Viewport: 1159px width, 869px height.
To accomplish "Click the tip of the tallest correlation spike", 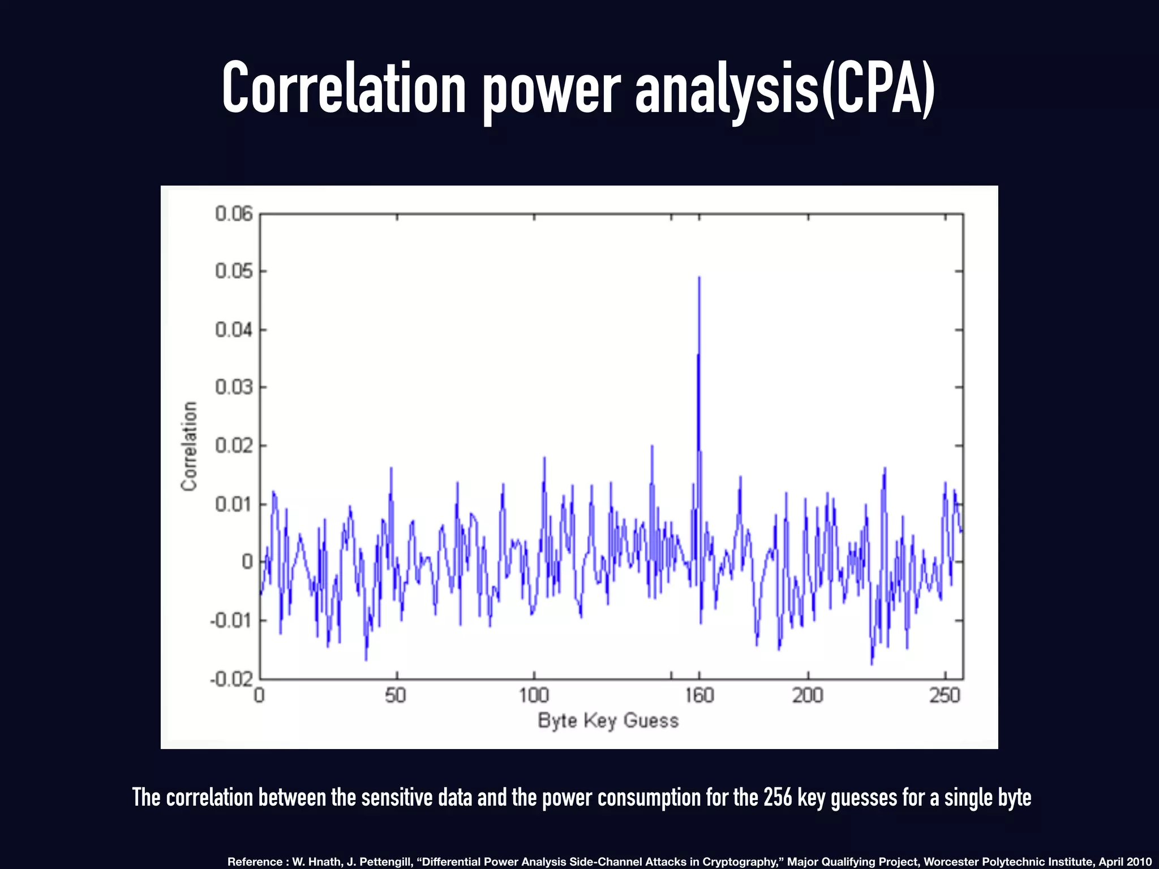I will pyautogui.click(x=699, y=278).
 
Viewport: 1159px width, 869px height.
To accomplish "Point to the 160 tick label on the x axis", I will pyautogui.click(x=699, y=695).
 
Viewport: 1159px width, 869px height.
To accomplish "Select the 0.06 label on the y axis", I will pyautogui.click(x=234, y=214).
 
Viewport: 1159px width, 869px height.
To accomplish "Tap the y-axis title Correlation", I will pyautogui.click(x=189, y=446).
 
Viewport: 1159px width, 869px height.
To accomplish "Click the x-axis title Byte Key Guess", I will pyautogui.click(x=608, y=721).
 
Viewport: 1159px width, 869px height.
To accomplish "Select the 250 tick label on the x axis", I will pyautogui.click(x=945, y=695).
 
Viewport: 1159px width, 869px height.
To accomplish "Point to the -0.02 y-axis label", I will pyautogui.click(x=231, y=678).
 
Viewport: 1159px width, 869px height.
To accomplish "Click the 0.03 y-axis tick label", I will pyautogui.click(x=234, y=388).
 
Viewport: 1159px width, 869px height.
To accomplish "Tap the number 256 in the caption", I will pyautogui.click(x=777, y=797).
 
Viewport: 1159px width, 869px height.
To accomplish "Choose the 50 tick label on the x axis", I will pyautogui.click(x=396, y=695).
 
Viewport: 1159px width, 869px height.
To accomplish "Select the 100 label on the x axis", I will pyautogui.click(x=534, y=695).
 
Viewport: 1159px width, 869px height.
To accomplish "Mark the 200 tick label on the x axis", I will pyautogui.click(x=807, y=695).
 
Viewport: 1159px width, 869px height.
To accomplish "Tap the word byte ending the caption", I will pyautogui.click(x=1014, y=798).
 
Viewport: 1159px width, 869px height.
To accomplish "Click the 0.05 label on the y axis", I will pyautogui.click(x=234, y=272).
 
